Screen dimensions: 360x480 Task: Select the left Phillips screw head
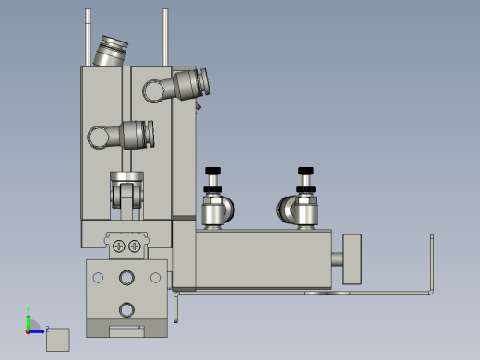click(119, 246)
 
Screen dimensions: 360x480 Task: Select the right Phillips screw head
click(136, 246)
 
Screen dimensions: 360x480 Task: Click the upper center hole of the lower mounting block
click(127, 277)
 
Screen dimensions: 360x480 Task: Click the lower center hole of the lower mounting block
click(127, 307)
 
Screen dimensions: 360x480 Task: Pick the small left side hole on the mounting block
click(97, 276)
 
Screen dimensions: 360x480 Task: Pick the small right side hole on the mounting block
click(157, 276)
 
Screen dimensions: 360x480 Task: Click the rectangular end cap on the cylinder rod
click(351, 258)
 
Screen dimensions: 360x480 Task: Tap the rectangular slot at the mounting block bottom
click(127, 328)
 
